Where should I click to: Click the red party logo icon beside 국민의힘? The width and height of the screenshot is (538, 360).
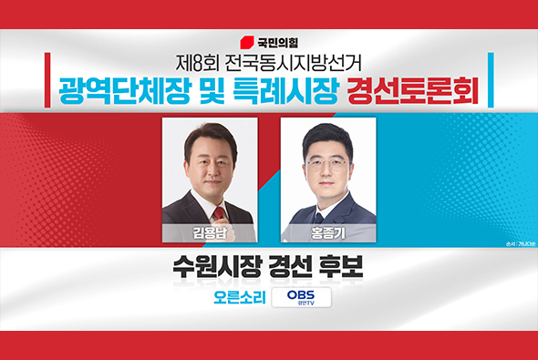(x=245, y=41)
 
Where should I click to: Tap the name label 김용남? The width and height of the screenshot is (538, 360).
(x=209, y=233)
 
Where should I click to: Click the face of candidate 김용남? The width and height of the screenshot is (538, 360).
(x=210, y=164)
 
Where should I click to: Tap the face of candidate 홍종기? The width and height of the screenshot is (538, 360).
(x=326, y=169)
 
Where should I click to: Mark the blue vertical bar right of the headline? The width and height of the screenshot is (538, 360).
(x=491, y=80)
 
